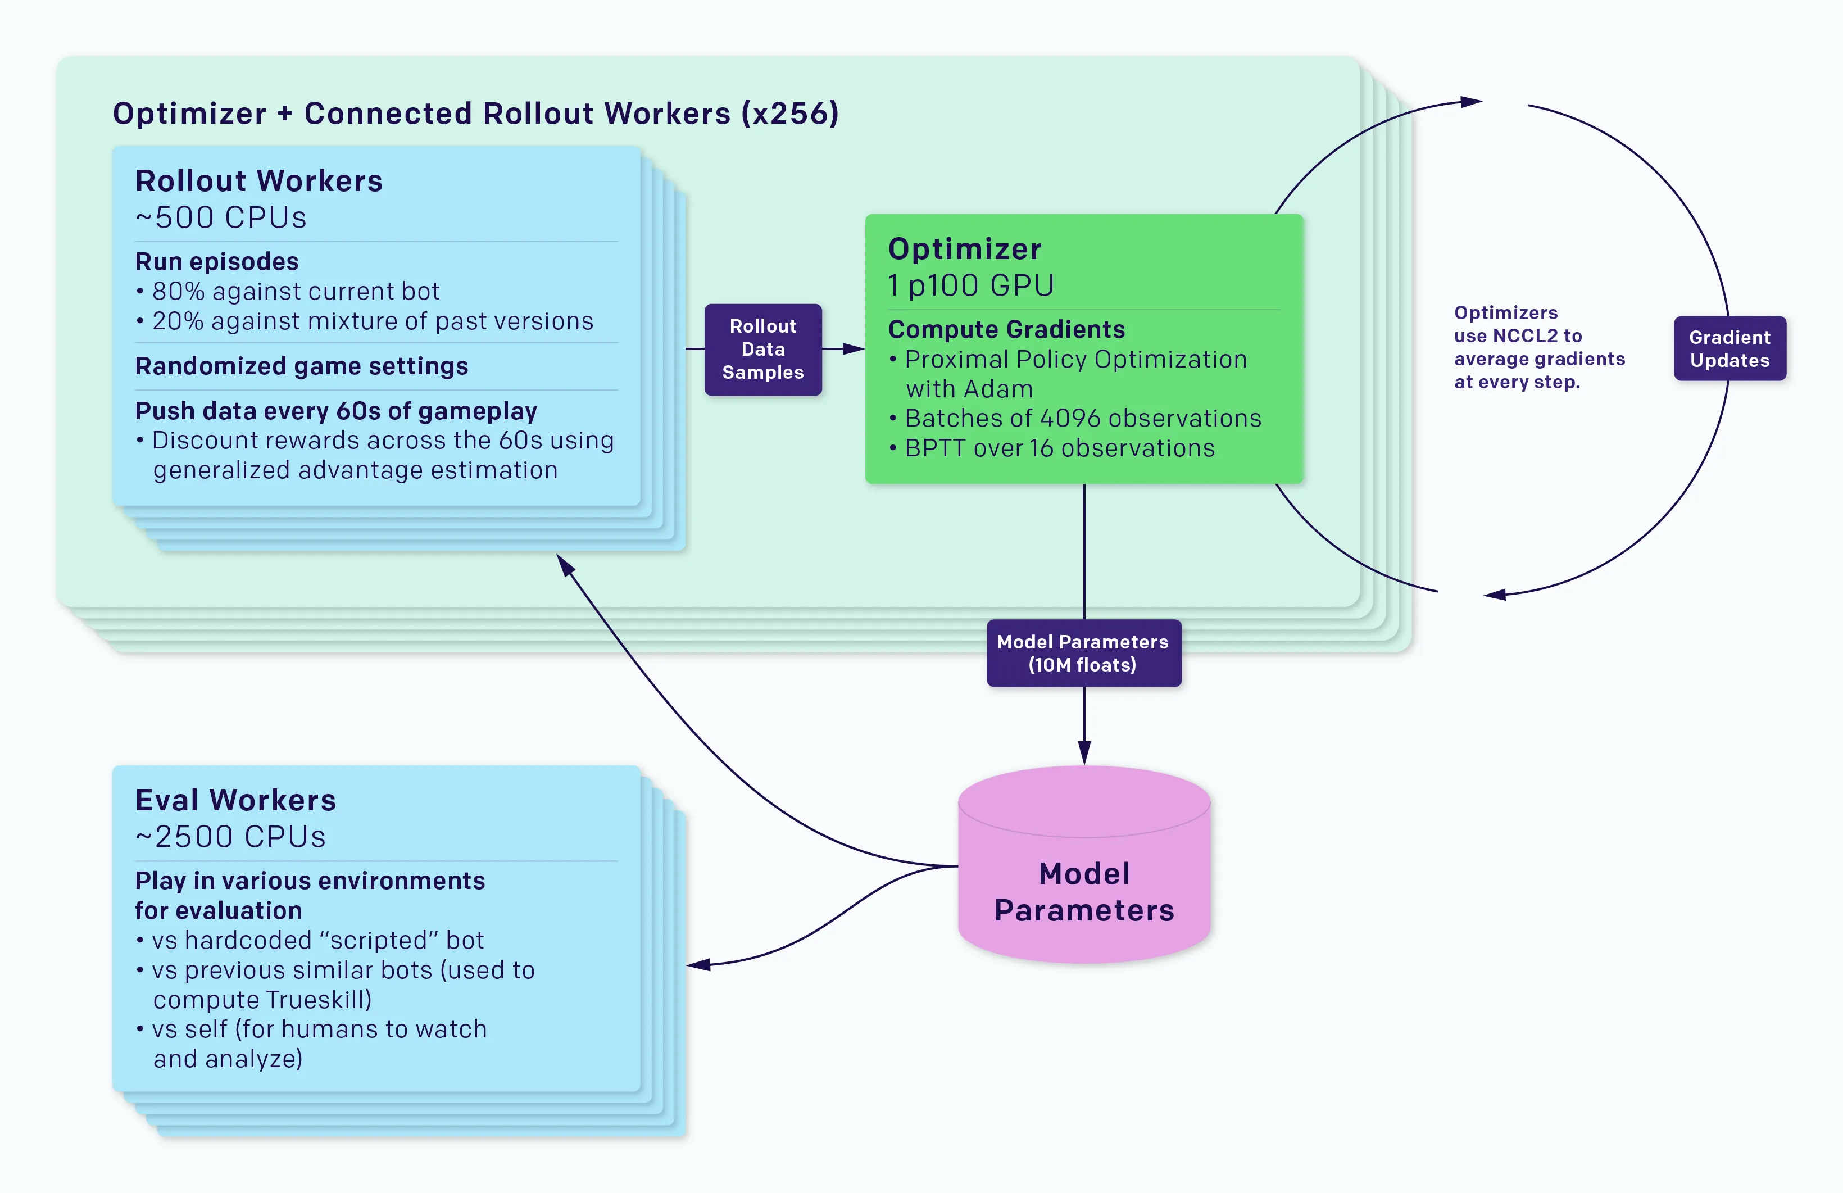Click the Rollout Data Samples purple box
[762, 350]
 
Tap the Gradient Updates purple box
[1729, 348]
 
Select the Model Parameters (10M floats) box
[1083, 653]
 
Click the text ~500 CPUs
[221, 217]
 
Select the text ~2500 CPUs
[230, 837]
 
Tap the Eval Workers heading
[235, 800]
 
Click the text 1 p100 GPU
[971, 286]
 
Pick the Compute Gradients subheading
[1006, 329]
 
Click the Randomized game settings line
[301, 366]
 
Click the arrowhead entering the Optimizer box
[854, 350]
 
